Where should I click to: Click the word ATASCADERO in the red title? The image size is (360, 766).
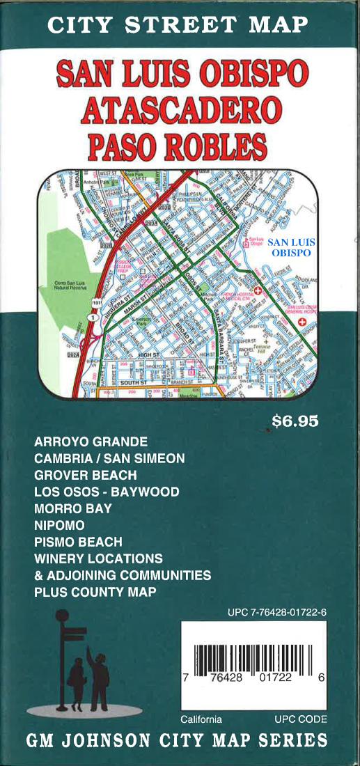tap(181, 109)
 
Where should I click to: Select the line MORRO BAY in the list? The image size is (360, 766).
tap(72, 508)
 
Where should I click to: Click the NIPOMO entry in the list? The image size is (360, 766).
tap(59, 524)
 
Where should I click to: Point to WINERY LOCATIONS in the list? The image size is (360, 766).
tap(98, 558)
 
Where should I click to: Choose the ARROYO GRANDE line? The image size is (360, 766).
tap(91, 441)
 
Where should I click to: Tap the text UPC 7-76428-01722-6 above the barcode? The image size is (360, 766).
tap(277, 613)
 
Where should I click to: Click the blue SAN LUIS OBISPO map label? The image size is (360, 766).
tap(293, 247)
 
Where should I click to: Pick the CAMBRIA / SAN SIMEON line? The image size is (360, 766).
tap(109, 458)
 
